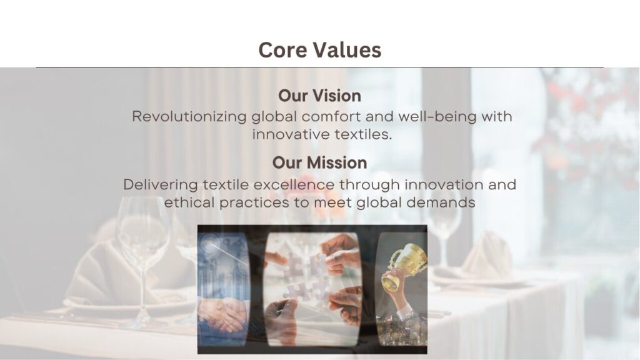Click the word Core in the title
(x=283, y=50)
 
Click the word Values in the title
(x=347, y=50)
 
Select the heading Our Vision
(x=319, y=96)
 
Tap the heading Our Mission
(x=319, y=162)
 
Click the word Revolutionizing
(x=189, y=117)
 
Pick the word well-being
(x=437, y=117)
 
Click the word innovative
(x=291, y=134)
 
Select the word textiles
(x=363, y=134)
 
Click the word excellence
(x=294, y=185)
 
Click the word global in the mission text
(x=379, y=202)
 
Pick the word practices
(x=254, y=203)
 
